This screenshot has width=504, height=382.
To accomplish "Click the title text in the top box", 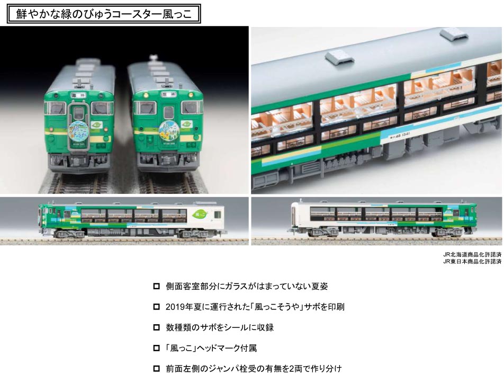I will click(104, 13).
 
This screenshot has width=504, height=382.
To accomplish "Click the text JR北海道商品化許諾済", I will click(472, 254).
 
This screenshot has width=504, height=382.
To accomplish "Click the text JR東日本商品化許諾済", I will click(472, 261).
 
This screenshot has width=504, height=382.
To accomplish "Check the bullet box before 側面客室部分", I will click(156, 286).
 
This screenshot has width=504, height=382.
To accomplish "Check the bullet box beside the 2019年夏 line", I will click(156, 307).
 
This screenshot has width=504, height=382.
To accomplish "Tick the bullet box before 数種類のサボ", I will click(156, 327).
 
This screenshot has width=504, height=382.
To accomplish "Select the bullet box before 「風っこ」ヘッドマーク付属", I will click(156, 348).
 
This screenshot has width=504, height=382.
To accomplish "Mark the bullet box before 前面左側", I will click(156, 369).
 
